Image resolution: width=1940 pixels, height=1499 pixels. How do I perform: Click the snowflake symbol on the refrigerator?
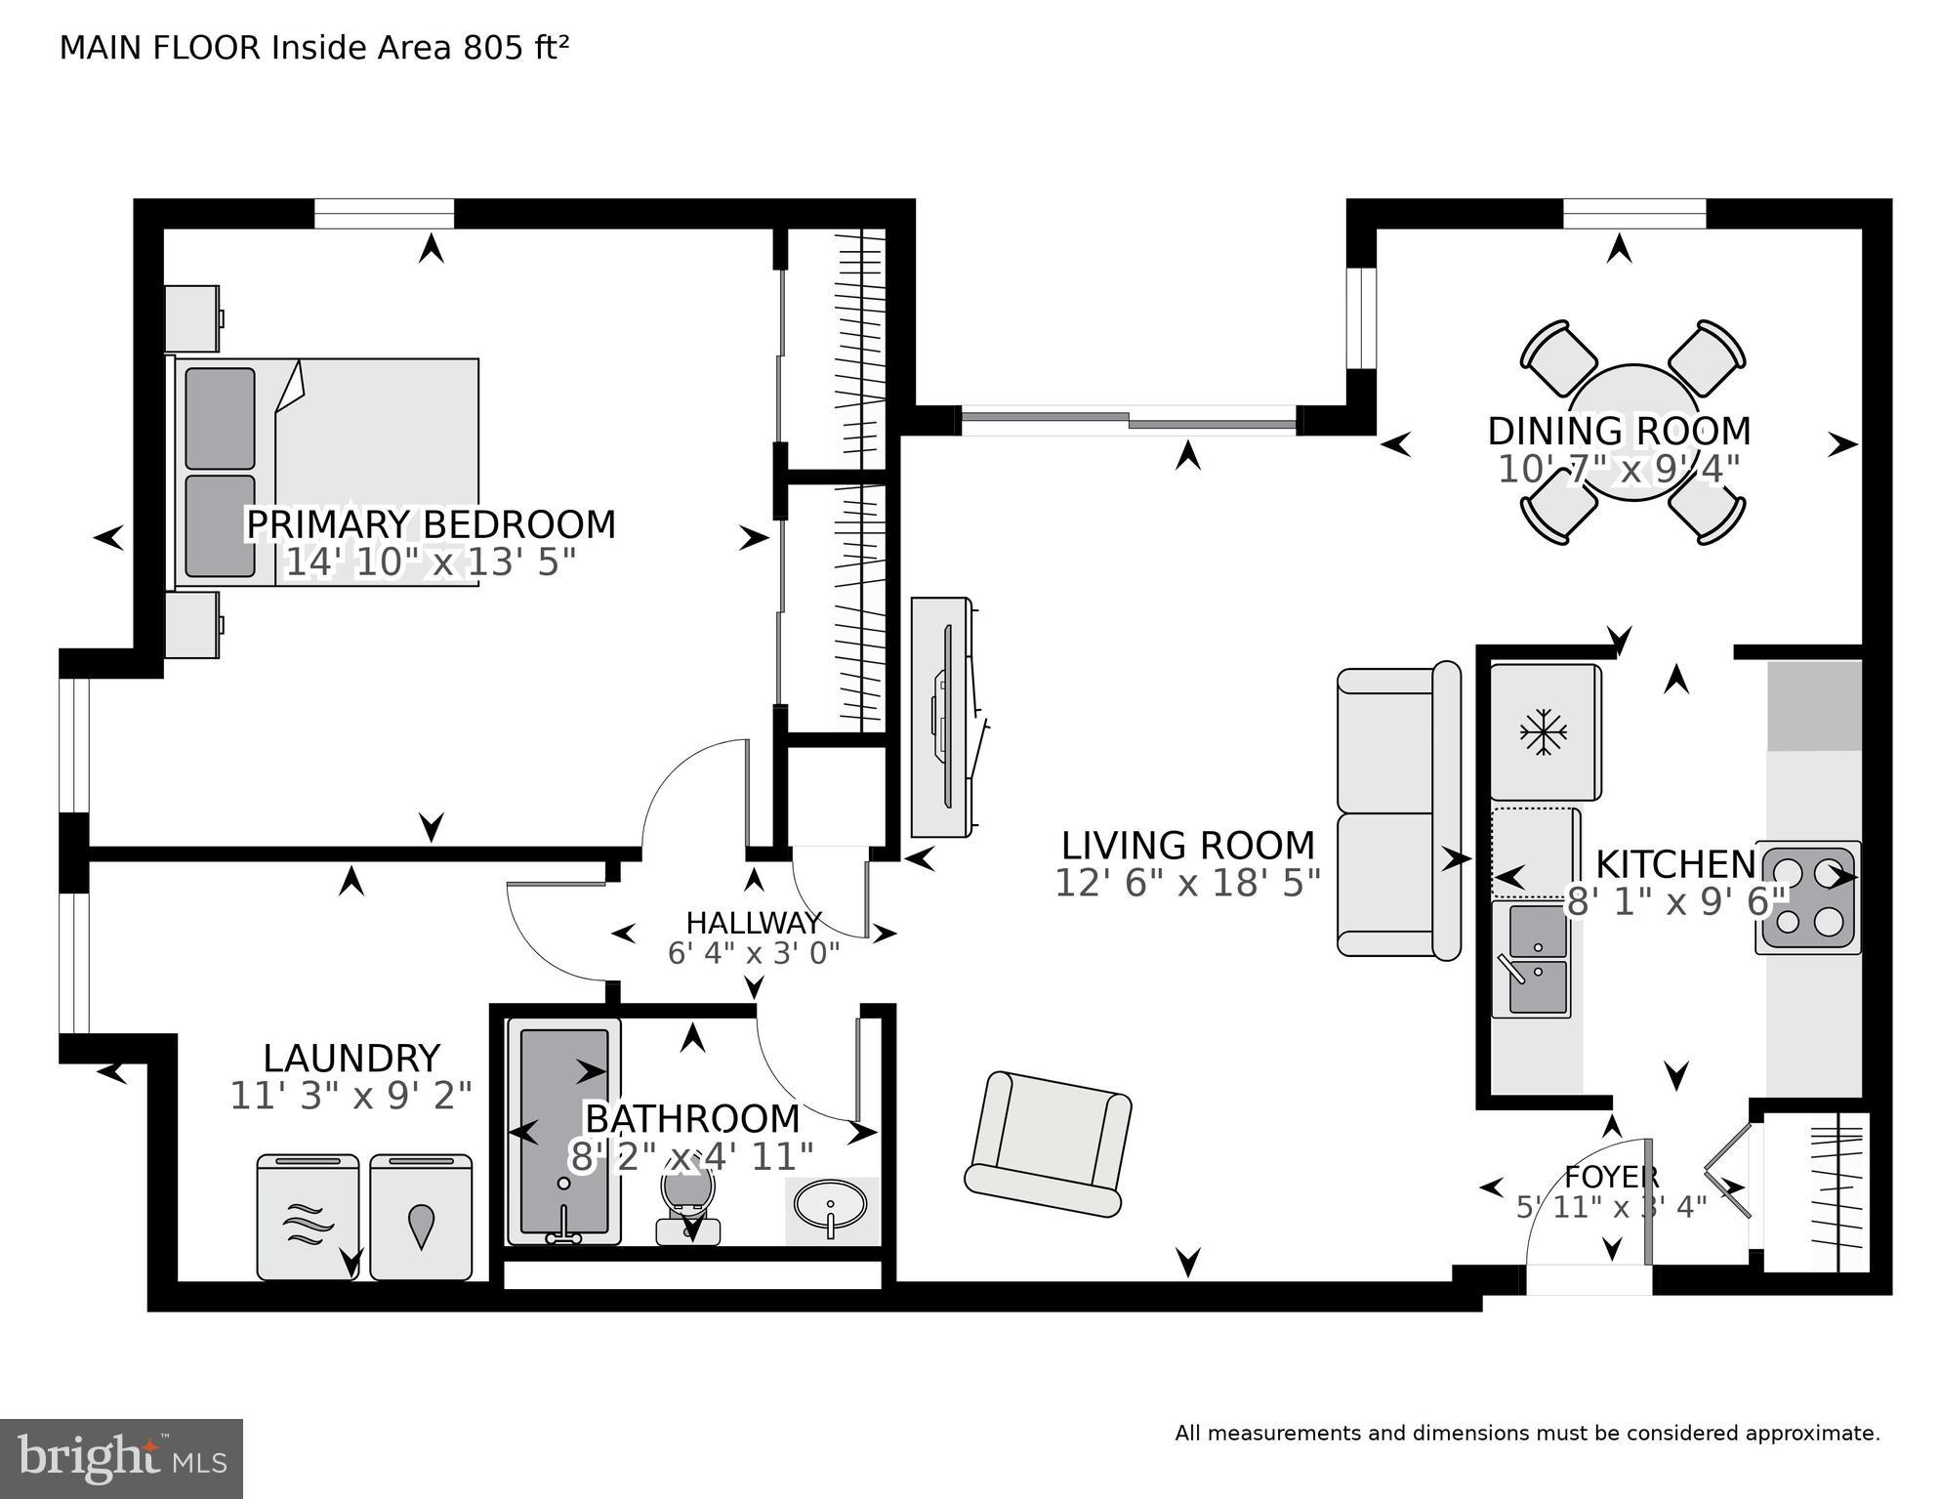[1543, 732]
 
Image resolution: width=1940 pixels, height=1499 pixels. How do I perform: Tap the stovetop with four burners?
[1808, 896]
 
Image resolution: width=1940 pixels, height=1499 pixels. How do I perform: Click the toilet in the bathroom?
[688, 1206]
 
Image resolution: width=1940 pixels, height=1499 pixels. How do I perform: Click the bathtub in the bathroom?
[563, 1130]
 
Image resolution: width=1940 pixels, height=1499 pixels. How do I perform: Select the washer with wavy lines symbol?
[307, 1218]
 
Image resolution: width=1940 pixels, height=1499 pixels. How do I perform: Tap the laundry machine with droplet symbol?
[421, 1218]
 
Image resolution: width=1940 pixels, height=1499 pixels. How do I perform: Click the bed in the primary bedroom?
[327, 472]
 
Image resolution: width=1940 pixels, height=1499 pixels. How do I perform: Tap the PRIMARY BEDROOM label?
[431, 524]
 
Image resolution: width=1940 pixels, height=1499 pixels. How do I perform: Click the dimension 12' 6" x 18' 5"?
[1187, 884]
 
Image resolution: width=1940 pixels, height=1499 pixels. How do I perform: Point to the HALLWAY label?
[753, 923]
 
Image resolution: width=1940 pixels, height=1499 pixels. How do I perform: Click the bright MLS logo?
[121, 1458]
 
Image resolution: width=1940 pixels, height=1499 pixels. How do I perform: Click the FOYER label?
[1611, 1176]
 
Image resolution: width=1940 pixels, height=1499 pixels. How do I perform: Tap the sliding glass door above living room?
[1129, 421]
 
